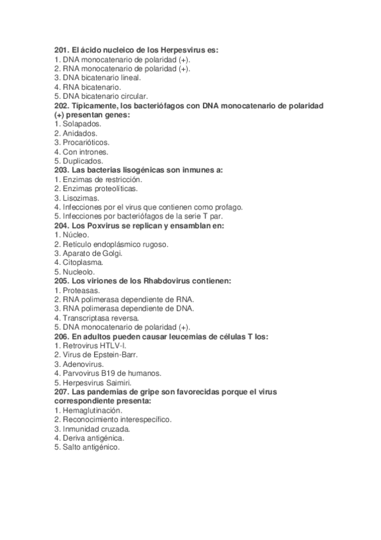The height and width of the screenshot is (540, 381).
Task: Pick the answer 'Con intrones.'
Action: click(81, 152)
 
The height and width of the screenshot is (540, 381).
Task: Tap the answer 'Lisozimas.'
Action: click(77, 198)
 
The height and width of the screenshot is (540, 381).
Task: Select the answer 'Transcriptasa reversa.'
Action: click(96, 318)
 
